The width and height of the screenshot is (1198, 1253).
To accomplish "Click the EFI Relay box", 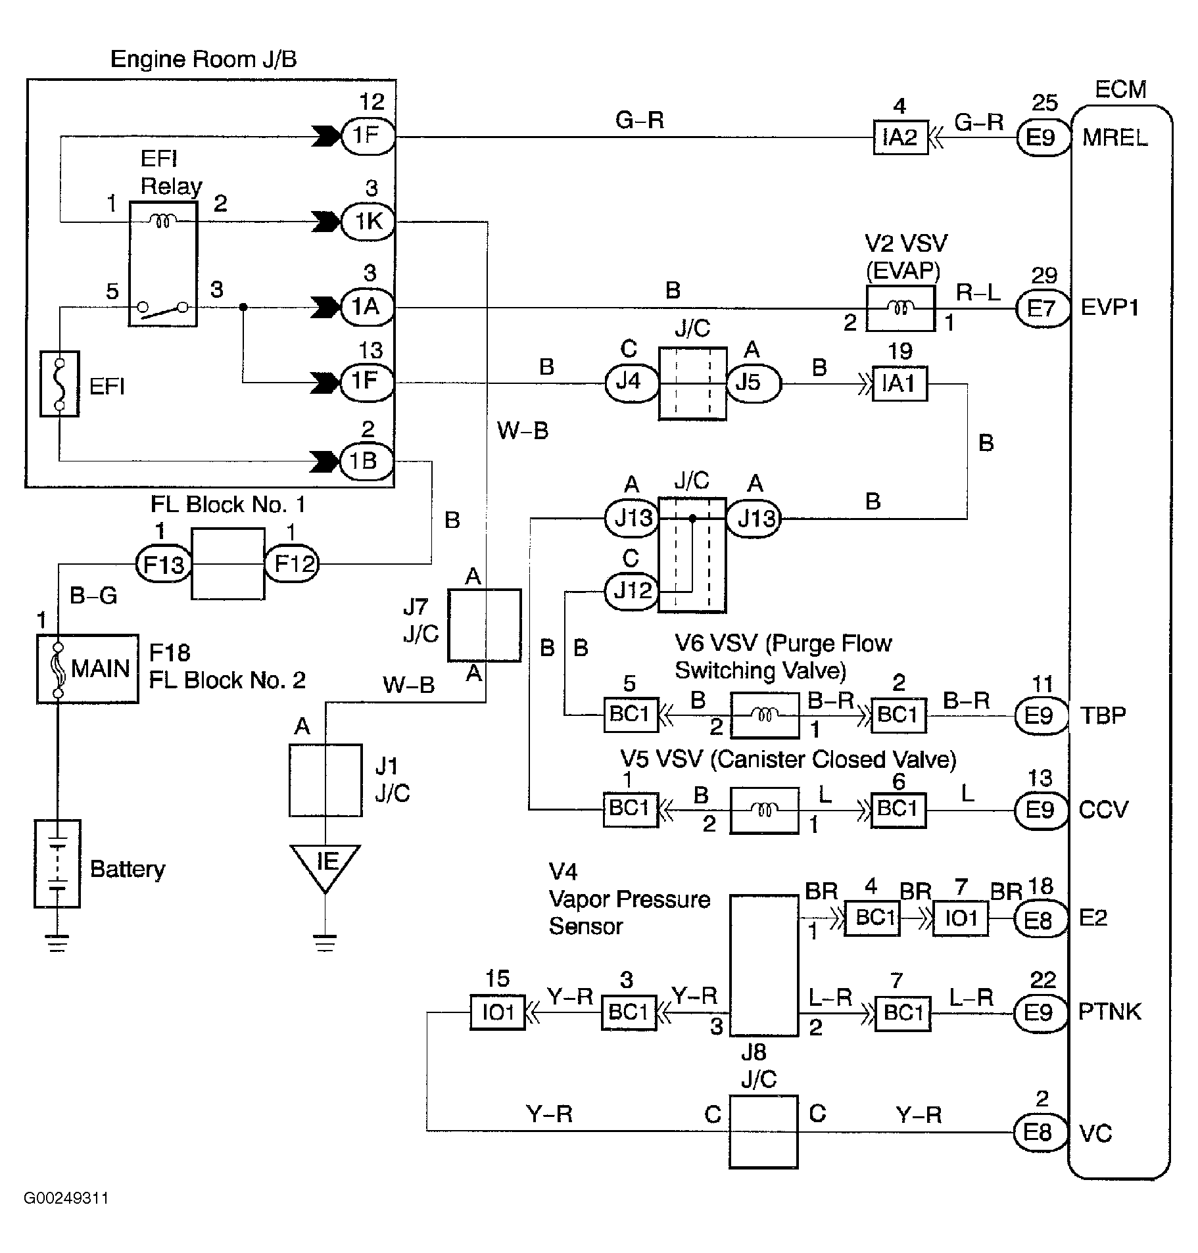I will pyautogui.click(x=163, y=263).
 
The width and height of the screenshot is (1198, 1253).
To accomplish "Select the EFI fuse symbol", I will pyautogui.click(x=59, y=384).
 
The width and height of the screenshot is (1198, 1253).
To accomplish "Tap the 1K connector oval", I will pyautogui.click(x=368, y=222).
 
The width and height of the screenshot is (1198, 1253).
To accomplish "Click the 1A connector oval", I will pyautogui.click(x=367, y=306).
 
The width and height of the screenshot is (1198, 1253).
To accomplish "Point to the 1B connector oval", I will pyautogui.click(x=367, y=461).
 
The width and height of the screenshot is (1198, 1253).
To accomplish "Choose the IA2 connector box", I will pyautogui.click(x=899, y=137).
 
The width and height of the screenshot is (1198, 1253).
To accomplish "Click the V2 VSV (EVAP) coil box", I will pyautogui.click(x=900, y=308).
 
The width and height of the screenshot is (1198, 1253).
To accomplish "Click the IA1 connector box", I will pyautogui.click(x=899, y=383).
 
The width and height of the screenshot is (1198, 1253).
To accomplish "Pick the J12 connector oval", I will pyautogui.click(x=631, y=591).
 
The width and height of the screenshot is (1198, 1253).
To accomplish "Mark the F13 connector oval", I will pyautogui.click(x=163, y=564).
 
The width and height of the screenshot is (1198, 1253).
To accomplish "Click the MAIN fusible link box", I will pyautogui.click(x=87, y=669).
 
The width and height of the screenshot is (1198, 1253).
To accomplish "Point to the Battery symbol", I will pyautogui.click(x=57, y=864).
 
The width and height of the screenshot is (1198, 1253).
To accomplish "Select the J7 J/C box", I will pyautogui.click(x=484, y=625).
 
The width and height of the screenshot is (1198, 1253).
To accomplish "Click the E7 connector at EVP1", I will pyautogui.click(x=1040, y=308).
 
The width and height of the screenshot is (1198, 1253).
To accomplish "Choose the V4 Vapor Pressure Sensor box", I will pyautogui.click(x=764, y=965).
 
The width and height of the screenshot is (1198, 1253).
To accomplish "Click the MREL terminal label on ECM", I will pyautogui.click(x=1114, y=137).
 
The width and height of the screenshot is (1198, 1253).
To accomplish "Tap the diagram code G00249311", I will pyautogui.click(x=66, y=1198).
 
